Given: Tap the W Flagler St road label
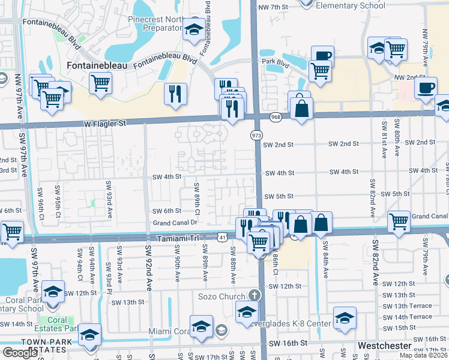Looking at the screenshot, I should coord(106,124).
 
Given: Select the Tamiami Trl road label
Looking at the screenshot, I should coord(177,238).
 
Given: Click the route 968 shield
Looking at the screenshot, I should coord(276,116).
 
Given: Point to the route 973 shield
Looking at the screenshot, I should coord(256,137).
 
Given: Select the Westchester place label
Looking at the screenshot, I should coord(385,346).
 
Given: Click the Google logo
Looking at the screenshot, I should coord(20,353).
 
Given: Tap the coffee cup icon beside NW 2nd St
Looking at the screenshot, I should coord(426,88).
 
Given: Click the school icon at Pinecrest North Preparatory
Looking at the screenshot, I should coord(194,29).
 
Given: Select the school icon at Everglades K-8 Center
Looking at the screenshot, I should coord(345,317).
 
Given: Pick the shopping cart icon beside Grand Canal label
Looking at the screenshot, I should coord(399,221).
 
